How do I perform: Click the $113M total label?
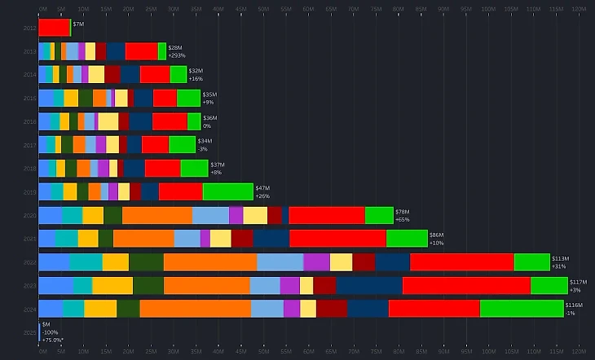[560, 258]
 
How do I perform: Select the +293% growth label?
[177, 55]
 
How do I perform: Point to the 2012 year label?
[30, 28]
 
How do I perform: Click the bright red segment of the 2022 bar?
[461, 262]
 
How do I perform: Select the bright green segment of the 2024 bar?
[522, 309]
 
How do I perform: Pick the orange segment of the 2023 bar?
[206, 285]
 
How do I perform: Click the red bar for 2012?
[54, 28]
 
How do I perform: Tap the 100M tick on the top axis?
[487, 10]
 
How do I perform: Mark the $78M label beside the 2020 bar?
[402, 211]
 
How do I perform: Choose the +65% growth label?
[403, 219]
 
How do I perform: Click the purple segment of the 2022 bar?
[316, 262]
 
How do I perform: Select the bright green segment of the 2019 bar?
[227, 191]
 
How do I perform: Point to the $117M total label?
[578, 282]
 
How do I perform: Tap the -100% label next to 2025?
[51, 332]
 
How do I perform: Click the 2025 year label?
[30, 332]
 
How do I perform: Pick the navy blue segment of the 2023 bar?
[368, 285]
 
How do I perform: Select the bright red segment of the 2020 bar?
[326, 215]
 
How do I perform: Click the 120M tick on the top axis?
[577, 10]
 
